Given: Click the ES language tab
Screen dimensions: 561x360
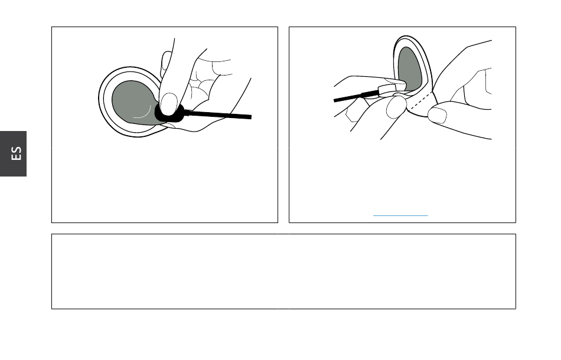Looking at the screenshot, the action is pos(13,153).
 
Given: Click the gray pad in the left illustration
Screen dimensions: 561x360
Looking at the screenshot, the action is pos(132,102).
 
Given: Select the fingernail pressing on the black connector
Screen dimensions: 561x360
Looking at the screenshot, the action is pos(169,104).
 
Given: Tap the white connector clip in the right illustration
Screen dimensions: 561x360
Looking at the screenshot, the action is pos(388,89).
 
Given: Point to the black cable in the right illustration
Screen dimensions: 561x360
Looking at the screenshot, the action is pos(356,96).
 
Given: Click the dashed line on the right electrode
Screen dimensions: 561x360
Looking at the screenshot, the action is pos(420,101).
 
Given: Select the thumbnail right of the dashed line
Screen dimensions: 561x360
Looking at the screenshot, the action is pos(437,115).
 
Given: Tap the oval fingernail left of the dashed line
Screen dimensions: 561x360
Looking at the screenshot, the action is pos(396,107).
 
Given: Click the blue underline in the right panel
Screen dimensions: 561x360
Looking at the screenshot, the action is pos(400,215).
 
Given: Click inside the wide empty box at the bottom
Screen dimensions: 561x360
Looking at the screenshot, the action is pos(283,271).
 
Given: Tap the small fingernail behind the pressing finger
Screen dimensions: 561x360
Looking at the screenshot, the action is pos(166,65).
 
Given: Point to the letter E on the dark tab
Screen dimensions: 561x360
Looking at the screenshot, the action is pos(17,157).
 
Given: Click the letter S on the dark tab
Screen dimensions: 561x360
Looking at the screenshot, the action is pos(17,149).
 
